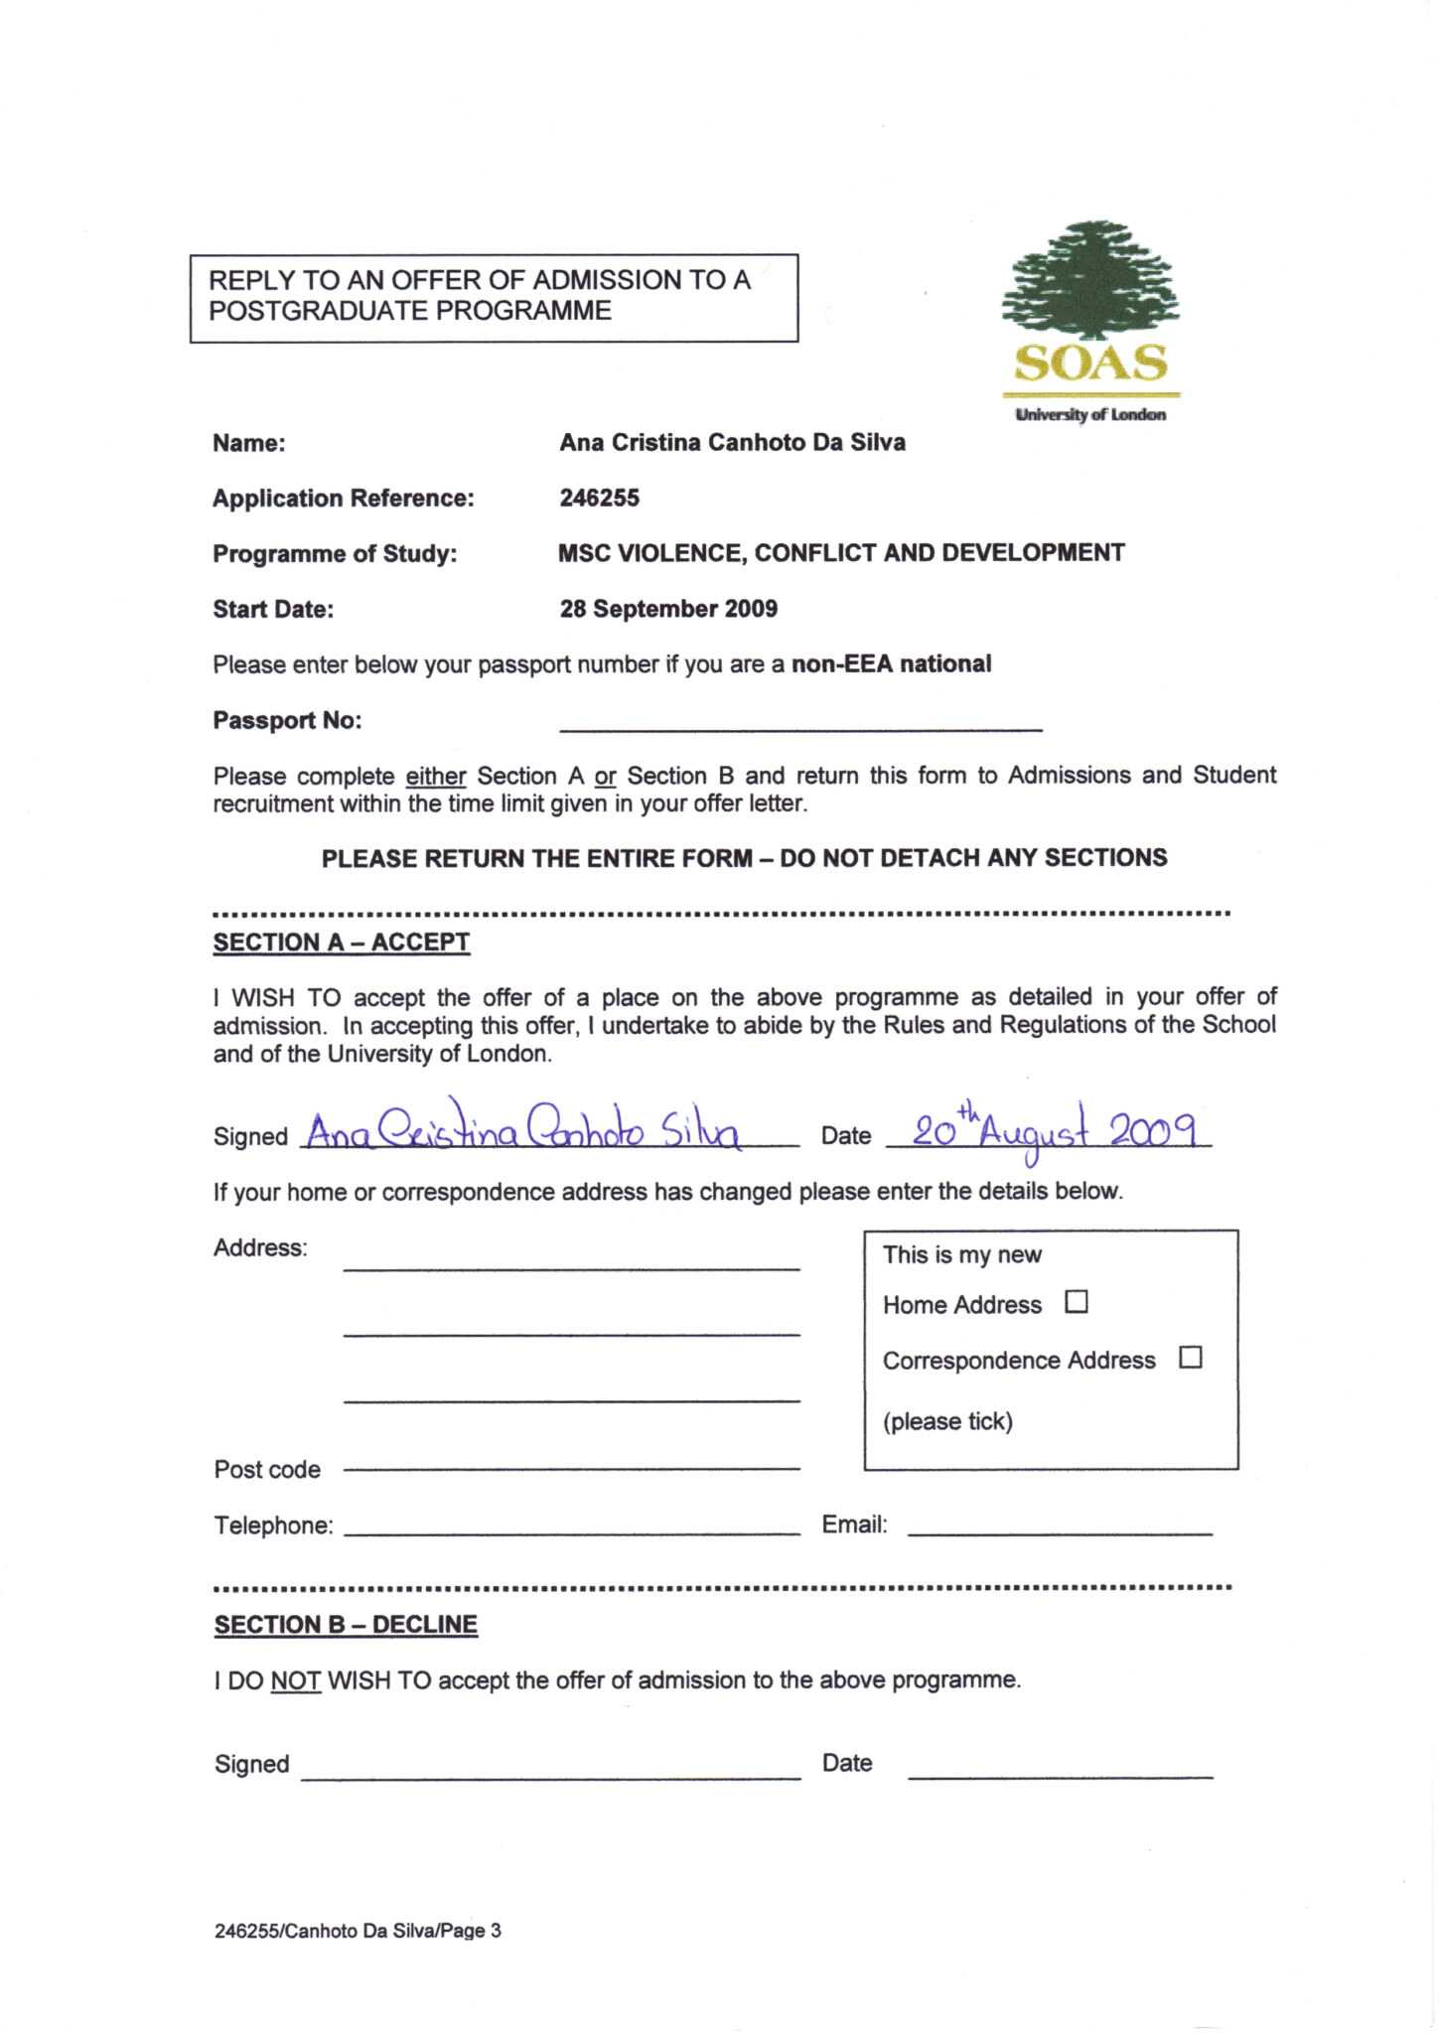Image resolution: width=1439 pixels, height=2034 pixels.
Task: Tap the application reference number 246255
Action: click(599, 499)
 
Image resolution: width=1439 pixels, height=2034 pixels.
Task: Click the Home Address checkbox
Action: click(1077, 1302)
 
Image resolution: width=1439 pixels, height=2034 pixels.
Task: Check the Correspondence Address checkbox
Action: click(1190, 1358)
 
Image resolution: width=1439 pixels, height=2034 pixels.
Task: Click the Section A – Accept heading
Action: click(341, 943)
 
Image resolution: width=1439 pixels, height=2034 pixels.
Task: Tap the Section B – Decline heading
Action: click(346, 1625)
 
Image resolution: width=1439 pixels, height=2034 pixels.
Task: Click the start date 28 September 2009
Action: click(668, 609)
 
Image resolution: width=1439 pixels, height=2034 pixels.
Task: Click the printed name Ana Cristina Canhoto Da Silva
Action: click(732, 443)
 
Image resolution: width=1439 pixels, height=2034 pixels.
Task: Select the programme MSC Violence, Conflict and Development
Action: click(840, 553)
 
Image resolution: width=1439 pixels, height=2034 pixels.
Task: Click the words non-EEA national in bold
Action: click(891, 664)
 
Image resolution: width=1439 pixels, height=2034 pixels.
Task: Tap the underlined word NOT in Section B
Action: click(295, 1681)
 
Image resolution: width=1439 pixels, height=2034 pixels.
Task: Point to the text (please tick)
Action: click(947, 1421)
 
